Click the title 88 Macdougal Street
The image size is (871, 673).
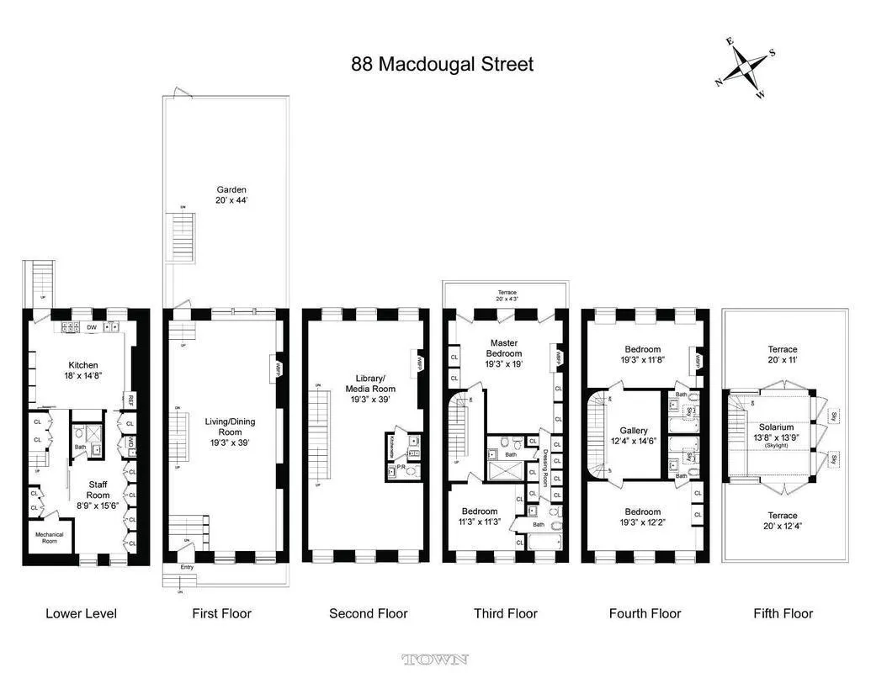442,64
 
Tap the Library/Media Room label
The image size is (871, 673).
370,389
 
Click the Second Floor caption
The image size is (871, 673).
368,613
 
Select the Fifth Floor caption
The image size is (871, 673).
783,613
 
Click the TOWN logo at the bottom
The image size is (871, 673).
435,660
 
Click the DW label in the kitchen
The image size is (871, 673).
91,327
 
